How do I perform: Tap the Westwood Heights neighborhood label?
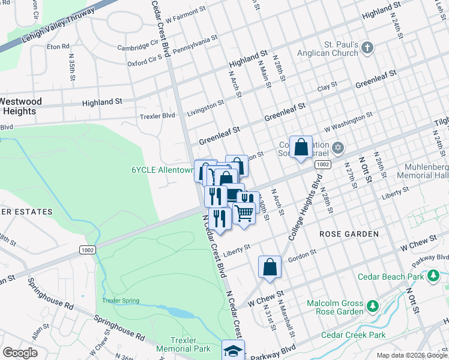pyautogui.click(x=21, y=106)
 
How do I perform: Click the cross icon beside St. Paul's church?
pyautogui.click(x=368, y=46)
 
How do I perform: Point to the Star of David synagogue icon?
pyautogui.click(x=338, y=148)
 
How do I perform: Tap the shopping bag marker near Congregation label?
pyautogui.click(x=301, y=147)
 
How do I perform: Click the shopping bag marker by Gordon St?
pyautogui.click(x=270, y=266)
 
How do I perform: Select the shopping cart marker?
pyautogui.click(x=244, y=212)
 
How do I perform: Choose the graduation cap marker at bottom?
pyautogui.click(x=233, y=351)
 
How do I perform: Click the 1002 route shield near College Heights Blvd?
pyautogui.click(x=322, y=164)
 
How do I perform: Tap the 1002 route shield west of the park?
pyautogui.click(x=84, y=248)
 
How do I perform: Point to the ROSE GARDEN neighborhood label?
pyautogui.click(x=349, y=233)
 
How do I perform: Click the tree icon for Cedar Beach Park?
pyautogui.click(x=433, y=275)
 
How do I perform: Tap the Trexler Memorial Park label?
pyautogui.click(x=184, y=344)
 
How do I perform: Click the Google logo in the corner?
pyautogui.click(x=20, y=352)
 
